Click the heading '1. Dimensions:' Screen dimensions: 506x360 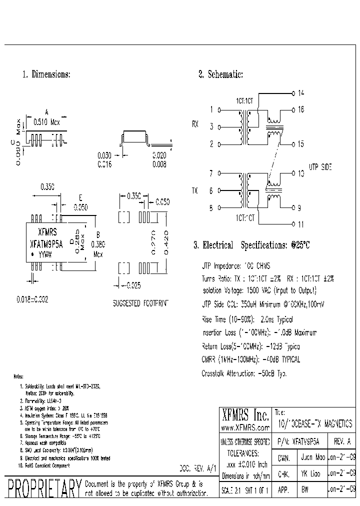(x=46, y=74)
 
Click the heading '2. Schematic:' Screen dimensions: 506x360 (x=220, y=74)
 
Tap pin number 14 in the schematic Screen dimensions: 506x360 (x=300, y=93)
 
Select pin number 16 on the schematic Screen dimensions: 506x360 (x=300, y=109)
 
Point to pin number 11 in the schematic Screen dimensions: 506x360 (x=300, y=224)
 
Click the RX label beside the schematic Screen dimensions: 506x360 (x=195, y=125)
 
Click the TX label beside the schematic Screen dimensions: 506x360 (x=195, y=191)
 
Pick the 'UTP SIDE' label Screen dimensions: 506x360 (x=320, y=166)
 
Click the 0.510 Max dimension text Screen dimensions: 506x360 (x=46, y=121)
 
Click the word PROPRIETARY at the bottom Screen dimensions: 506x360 (x=42, y=488)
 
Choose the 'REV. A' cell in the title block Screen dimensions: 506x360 (x=343, y=442)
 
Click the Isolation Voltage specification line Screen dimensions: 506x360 (x=259, y=290)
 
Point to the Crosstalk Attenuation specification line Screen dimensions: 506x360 (x=244, y=373)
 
